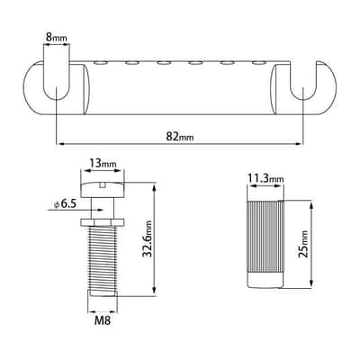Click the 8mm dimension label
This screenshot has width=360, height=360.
click(x=56, y=38)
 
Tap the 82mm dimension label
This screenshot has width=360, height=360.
click(x=180, y=137)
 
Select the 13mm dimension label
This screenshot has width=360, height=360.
click(x=103, y=163)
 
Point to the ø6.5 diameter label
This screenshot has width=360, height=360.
click(x=65, y=204)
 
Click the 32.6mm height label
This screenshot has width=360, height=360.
click(x=148, y=238)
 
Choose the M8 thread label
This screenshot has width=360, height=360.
click(x=103, y=320)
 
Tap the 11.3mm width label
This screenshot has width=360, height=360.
click(x=265, y=179)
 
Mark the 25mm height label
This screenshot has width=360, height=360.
click(x=303, y=244)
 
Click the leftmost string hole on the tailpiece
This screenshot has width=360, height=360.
click(x=101, y=63)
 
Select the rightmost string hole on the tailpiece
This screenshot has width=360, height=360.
click(x=259, y=63)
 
